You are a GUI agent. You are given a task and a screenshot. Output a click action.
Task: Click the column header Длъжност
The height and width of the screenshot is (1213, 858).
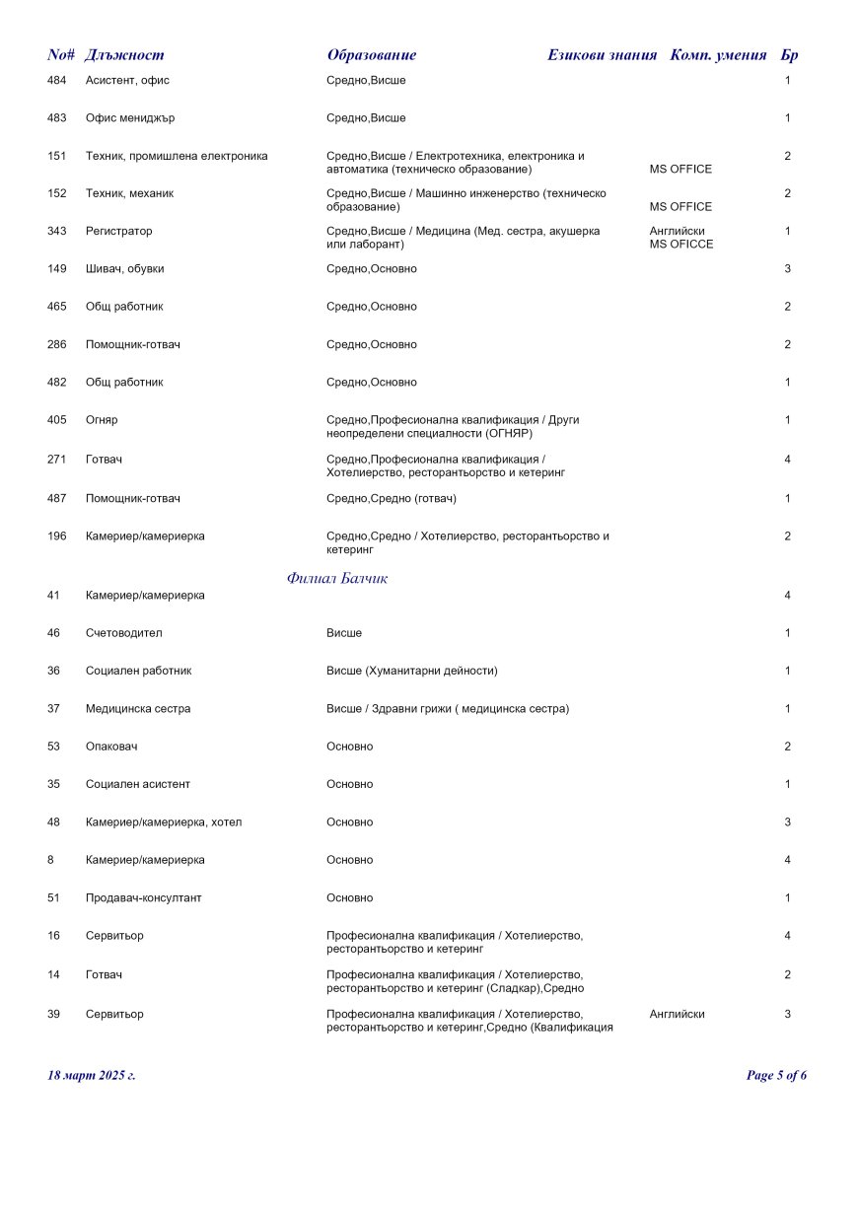124,55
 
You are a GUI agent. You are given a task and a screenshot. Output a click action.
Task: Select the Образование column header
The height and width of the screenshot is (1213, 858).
372,55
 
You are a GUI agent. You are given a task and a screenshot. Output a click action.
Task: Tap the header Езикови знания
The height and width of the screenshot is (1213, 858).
602,55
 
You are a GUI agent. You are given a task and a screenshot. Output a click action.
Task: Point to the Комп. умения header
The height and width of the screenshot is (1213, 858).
718,55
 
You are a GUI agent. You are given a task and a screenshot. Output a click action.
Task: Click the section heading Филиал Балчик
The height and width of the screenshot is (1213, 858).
337,579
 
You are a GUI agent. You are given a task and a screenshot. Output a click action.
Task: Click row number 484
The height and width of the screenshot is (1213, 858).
57,80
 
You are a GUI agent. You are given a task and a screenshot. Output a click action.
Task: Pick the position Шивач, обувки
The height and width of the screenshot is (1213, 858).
125,269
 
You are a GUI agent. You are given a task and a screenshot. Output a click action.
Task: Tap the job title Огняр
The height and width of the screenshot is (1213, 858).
102,420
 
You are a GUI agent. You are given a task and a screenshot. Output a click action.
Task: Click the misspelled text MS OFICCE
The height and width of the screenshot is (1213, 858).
681,245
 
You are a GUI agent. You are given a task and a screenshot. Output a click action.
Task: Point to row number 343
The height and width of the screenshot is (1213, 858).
57,231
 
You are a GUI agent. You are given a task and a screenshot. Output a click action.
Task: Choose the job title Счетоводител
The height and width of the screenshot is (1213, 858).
123,633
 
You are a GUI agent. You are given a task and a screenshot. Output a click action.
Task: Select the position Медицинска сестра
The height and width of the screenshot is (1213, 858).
138,709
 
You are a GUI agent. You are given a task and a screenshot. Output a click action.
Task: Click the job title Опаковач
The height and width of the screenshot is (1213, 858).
111,747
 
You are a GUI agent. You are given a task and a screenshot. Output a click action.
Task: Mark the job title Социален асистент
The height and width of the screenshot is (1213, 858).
138,785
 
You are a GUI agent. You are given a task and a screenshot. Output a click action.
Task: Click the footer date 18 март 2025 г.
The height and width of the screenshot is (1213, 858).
92,1075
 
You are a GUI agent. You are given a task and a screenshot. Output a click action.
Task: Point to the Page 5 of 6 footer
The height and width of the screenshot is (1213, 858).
776,1075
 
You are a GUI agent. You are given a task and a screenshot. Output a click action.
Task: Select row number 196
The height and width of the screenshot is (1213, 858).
57,536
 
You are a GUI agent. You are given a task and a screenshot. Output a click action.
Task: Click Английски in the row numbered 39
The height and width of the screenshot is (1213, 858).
678,1014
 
